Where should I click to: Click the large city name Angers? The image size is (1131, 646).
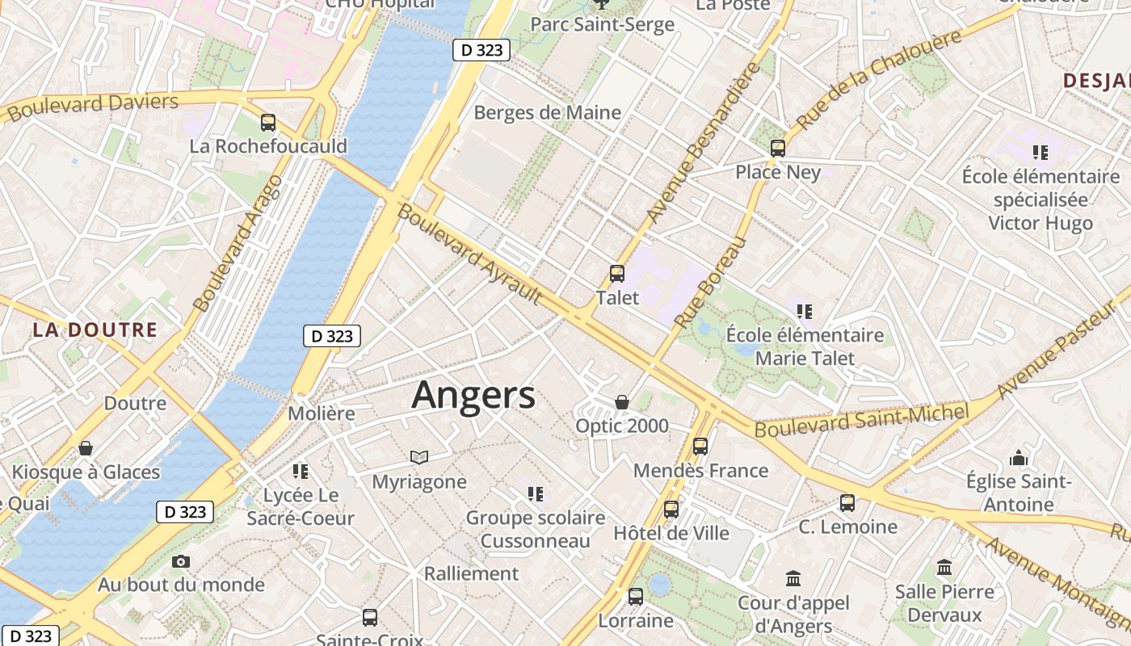pyautogui.click(x=473, y=396)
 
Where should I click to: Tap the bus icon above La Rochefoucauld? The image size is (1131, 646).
pyautogui.click(x=268, y=123)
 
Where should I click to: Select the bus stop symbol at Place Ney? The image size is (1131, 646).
pyautogui.click(x=778, y=149)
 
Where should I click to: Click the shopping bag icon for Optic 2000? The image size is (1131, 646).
pyautogui.click(x=622, y=402)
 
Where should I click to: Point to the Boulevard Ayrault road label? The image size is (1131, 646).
pyautogui.click(x=469, y=254)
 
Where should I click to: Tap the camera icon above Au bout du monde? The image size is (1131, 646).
pyautogui.click(x=181, y=561)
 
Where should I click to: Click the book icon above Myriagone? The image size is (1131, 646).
pyautogui.click(x=418, y=458)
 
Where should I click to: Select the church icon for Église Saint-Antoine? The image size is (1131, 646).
pyautogui.click(x=1019, y=458)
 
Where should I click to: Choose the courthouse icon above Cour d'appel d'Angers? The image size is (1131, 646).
pyautogui.click(x=793, y=579)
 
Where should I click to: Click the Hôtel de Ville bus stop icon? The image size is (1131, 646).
pyautogui.click(x=671, y=510)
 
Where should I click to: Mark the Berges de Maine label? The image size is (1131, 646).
pyautogui.click(x=548, y=112)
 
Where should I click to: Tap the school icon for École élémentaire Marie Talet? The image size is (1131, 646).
pyautogui.click(x=804, y=311)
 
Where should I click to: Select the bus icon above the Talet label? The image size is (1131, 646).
pyautogui.click(x=617, y=274)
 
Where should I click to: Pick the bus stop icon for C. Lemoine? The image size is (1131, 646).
pyautogui.click(x=847, y=503)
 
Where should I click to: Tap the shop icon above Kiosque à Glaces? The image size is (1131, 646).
pyautogui.click(x=86, y=448)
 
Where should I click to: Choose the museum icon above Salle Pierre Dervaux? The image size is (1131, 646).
pyautogui.click(x=944, y=568)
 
